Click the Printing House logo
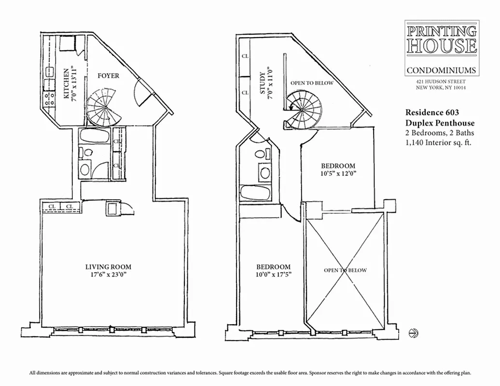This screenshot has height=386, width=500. click(x=442, y=39)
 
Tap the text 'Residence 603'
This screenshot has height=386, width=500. click(x=429, y=112)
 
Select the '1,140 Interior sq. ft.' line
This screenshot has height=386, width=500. click(x=439, y=142)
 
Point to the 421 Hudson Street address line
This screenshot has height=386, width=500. click(x=441, y=82)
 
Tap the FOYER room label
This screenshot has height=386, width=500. click(x=108, y=76)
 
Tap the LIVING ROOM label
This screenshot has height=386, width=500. click(x=108, y=267)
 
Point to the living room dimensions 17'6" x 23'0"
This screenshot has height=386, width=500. click(x=108, y=275)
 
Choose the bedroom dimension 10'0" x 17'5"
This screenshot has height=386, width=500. click(x=273, y=275)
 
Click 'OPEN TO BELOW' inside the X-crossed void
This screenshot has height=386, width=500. click(x=345, y=270)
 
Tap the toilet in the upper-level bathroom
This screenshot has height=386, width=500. click(x=261, y=154)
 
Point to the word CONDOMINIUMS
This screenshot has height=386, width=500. click(x=441, y=70)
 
